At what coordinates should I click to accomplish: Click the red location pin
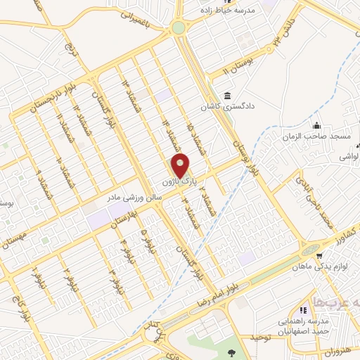(181, 166)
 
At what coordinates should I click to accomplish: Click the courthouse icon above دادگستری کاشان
(227, 96)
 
